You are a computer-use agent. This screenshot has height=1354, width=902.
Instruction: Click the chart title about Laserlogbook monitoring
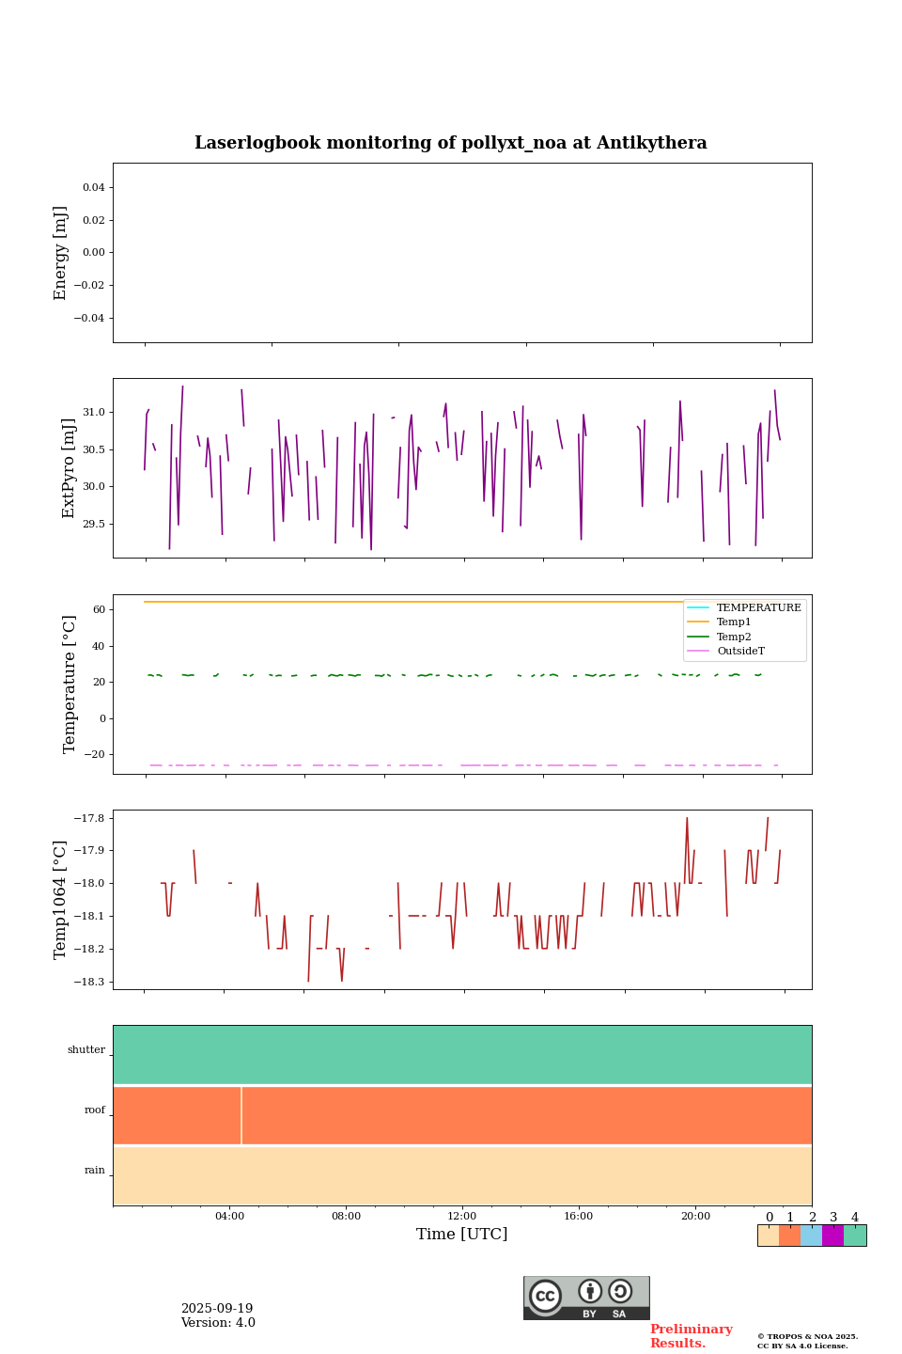(x=450, y=143)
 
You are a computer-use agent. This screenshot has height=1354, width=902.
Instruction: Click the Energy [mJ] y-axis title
(x=61, y=253)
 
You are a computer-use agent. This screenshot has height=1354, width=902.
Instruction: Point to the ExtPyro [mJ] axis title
(x=69, y=468)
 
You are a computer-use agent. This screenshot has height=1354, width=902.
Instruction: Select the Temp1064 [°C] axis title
(x=61, y=900)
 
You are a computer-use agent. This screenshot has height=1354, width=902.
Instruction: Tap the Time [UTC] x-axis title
(x=461, y=1235)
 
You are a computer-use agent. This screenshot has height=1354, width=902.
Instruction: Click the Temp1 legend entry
(x=734, y=622)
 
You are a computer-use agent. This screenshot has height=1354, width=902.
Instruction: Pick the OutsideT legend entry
(x=740, y=652)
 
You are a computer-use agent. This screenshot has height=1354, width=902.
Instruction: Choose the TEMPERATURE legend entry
(x=758, y=608)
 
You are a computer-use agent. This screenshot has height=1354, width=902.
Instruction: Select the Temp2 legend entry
(x=734, y=638)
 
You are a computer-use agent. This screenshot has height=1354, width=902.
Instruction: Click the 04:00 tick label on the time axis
(x=229, y=1217)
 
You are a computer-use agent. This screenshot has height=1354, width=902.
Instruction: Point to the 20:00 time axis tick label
(x=695, y=1217)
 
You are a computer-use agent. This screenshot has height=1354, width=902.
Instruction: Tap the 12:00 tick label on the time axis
(x=462, y=1217)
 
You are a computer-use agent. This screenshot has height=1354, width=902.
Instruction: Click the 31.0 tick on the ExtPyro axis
(x=93, y=413)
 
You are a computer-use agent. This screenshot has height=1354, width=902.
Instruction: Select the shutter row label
(x=86, y=1050)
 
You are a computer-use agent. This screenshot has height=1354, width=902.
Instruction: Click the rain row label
(x=95, y=1171)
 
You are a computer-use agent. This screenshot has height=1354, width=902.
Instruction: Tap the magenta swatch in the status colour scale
(x=832, y=1236)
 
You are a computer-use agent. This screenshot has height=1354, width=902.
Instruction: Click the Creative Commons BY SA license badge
(x=586, y=1298)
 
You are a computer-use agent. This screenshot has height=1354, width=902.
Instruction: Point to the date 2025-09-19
(x=217, y=1309)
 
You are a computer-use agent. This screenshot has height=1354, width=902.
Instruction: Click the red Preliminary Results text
(x=691, y=1336)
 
